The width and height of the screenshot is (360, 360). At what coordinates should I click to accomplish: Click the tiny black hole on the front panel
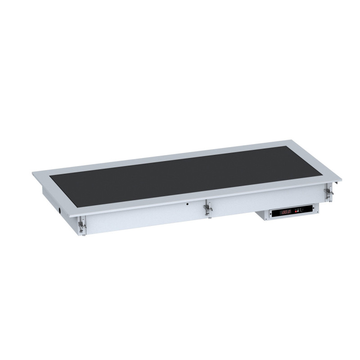coord(187,203)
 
